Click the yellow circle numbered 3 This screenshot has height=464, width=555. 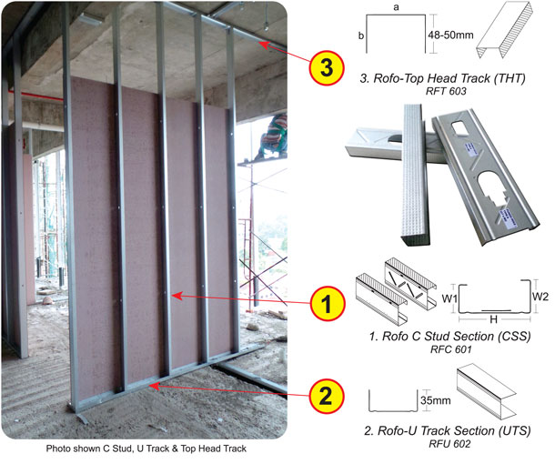[326, 67]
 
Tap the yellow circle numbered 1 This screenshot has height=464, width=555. [328, 304]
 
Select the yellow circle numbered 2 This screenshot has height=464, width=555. [326, 397]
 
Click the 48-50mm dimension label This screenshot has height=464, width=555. [450, 35]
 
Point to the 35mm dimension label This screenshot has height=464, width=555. [436, 400]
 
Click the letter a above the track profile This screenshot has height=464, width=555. [396, 7]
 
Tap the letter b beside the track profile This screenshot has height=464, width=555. [361, 35]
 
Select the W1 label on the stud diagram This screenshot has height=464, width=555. [449, 298]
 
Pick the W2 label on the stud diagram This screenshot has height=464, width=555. [540, 297]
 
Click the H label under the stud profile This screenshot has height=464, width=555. [493, 319]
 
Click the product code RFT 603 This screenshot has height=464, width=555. [446, 91]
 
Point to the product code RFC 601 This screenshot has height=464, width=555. [451, 349]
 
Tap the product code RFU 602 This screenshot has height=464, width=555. [449, 443]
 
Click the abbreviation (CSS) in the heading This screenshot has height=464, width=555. [514, 336]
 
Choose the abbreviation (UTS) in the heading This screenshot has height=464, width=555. [515, 430]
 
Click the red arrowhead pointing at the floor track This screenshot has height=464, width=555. [154, 386]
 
